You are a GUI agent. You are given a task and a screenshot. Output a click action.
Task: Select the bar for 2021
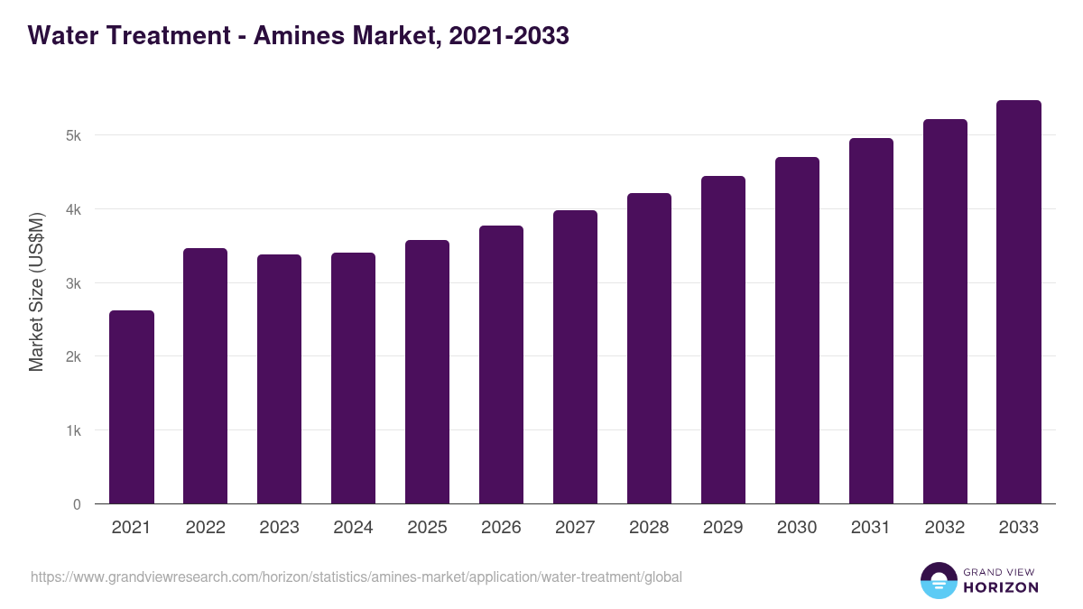click(132, 407)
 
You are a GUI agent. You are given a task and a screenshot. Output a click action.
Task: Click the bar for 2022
click(206, 376)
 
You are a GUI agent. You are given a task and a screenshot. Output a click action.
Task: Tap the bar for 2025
click(428, 372)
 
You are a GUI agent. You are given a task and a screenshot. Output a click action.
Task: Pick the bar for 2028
click(649, 348)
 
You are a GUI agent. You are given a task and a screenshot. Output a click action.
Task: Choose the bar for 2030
click(797, 330)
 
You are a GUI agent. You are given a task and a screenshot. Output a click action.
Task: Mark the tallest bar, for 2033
click(1019, 302)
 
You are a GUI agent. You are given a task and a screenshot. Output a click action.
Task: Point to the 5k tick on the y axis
click(73, 136)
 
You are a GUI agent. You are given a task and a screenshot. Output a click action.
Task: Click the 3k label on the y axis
click(73, 283)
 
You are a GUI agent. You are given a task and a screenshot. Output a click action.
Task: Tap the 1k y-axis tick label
click(73, 430)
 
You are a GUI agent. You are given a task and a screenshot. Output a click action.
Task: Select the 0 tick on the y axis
click(77, 504)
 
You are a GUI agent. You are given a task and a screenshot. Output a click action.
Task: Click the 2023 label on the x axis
click(280, 528)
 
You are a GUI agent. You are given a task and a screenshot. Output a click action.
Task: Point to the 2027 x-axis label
click(575, 528)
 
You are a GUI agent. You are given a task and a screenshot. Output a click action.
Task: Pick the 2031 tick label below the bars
click(871, 528)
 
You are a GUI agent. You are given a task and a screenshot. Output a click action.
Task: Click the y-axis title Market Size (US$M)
click(36, 291)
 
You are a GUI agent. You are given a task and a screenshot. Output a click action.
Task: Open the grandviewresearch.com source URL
click(356, 577)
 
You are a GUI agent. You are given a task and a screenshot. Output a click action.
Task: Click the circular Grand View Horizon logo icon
click(938, 580)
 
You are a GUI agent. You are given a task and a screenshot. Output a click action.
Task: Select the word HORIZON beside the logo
click(1000, 587)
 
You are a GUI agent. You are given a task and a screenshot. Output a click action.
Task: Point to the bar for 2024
click(354, 378)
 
